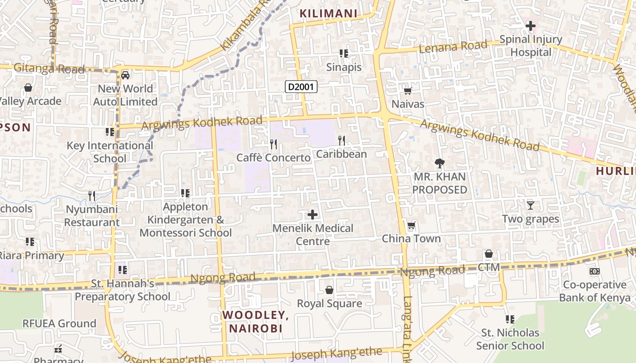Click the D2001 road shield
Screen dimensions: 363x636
(301, 87)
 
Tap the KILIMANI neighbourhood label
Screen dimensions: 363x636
(328, 14)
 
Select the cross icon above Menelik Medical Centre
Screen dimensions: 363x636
(313, 215)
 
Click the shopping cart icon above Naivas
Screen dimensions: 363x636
(408, 91)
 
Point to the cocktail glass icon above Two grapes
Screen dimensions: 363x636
(530, 206)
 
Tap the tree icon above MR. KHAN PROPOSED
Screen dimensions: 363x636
(439, 163)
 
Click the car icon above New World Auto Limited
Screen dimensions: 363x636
(125, 75)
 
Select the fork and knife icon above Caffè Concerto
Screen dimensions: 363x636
(273, 144)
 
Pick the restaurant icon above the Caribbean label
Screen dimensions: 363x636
(342, 141)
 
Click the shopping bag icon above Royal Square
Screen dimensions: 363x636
(329, 290)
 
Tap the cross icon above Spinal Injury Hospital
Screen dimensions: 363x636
(530, 26)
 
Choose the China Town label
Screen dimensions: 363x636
(411, 239)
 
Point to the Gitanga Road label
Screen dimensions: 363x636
(49, 69)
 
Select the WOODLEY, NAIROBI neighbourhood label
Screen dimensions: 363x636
(256, 321)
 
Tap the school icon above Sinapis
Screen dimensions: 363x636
(344, 54)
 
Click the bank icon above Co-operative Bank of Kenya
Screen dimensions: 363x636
(594, 271)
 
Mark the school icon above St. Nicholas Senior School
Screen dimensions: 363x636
(510, 319)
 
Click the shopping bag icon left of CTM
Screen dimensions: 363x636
(489, 254)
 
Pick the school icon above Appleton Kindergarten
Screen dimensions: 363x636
(185, 193)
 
